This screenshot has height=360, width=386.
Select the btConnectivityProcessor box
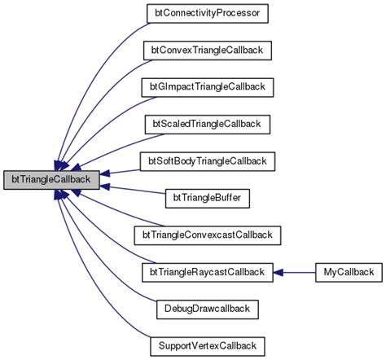pyautogui.click(x=207, y=14)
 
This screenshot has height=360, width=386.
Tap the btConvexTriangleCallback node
pyautogui.click(x=207, y=50)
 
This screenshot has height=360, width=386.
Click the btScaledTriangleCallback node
pyautogui.click(x=207, y=124)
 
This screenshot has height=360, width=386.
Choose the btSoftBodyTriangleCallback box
pyautogui.click(x=207, y=160)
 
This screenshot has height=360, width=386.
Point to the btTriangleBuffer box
pyautogui.click(x=207, y=197)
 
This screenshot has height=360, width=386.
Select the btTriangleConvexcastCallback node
pyautogui.click(x=207, y=235)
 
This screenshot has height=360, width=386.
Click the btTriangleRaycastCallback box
pyautogui.click(x=207, y=271)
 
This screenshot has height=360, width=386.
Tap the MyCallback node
pyautogui.click(x=348, y=271)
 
